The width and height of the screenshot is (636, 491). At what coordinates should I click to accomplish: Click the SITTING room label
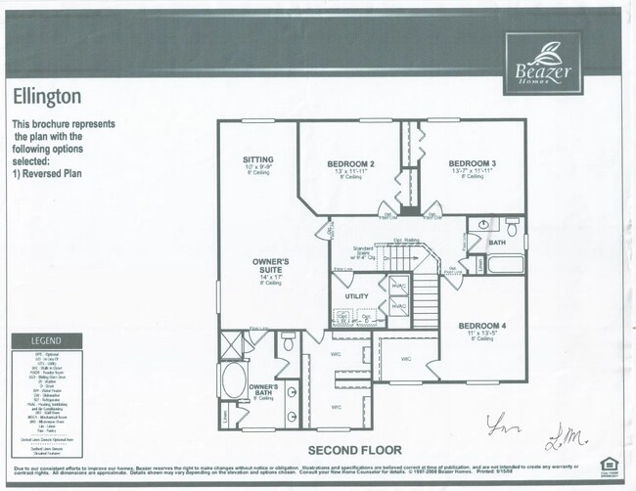click(x=258, y=159)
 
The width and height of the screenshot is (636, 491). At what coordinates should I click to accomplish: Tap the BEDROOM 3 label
click(x=473, y=162)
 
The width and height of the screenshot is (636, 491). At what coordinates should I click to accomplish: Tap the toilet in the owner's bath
click(x=288, y=343)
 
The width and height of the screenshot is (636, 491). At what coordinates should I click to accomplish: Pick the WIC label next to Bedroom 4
click(x=407, y=359)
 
